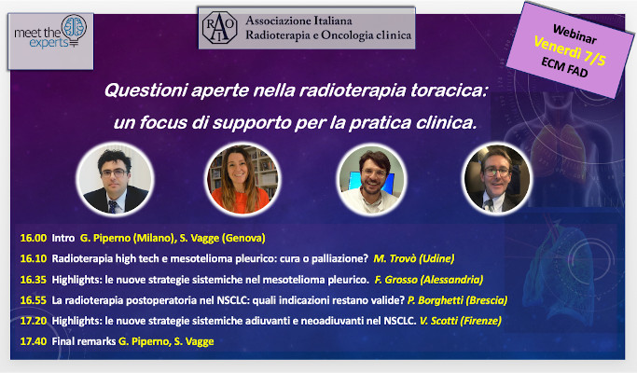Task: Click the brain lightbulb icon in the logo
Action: click(74, 31)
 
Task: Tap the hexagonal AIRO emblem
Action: click(219, 28)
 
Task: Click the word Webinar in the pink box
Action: click(575, 35)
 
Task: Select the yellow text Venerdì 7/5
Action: click(570, 50)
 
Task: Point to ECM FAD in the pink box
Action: click(564, 67)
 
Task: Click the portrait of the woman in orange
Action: click(242, 179)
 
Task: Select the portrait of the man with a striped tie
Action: click(116, 180)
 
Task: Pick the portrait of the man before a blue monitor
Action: click(371, 180)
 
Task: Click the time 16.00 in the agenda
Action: click(34, 238)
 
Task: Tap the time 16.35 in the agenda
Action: click(34, 280)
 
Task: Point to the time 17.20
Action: click(34, 321)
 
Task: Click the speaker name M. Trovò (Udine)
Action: click(414, 259)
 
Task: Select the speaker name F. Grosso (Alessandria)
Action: click(429, 280)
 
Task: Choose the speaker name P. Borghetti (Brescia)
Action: click(457, 300)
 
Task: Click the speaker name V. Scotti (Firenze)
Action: click(461, 321)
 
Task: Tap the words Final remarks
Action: click(84, 341)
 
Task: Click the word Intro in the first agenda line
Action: click(63, 238)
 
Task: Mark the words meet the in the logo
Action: click(37, 33)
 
